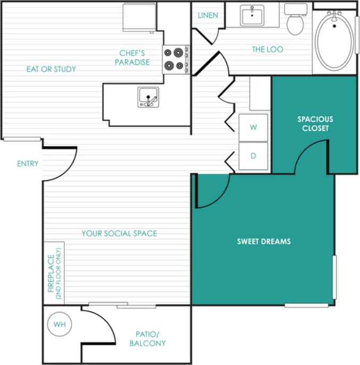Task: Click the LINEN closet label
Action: [x=208, y=15]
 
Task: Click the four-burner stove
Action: [x=176, y=58]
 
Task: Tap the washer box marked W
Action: [x=253, y=128]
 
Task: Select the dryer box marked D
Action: [x=253, y=156]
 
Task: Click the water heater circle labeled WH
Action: [x=59, y=325]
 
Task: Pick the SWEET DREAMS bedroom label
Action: [x=264, y=241]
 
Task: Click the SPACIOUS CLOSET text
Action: [x=315, y=124]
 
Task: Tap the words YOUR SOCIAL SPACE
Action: [x=119, y=233]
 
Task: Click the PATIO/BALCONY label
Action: [x=148, y=339]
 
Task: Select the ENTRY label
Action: [x=28, y=164]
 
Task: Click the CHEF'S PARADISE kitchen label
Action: [x=134, y=57]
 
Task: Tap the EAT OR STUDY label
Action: [x=52, y=69]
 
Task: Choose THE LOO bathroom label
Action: [x=267, y=49]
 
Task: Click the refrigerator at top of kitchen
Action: [x=140, y=17]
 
